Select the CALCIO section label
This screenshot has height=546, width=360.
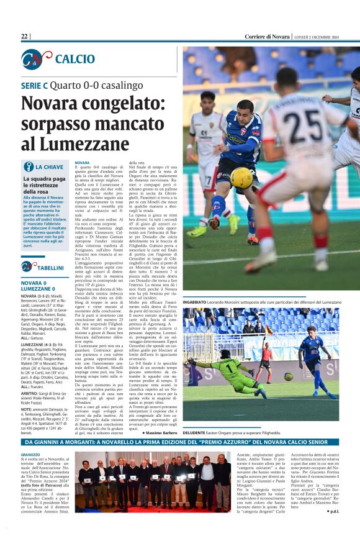click(74, 59)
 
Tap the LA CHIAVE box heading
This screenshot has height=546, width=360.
click(49, 167)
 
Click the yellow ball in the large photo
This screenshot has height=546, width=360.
click(241, 178)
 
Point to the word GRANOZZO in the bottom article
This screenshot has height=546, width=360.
click(30, 455)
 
